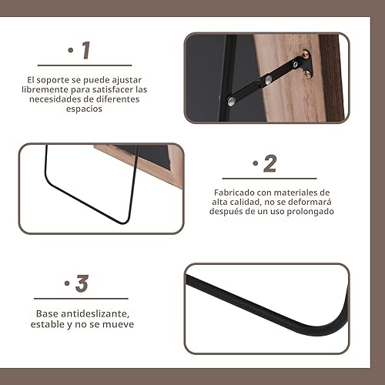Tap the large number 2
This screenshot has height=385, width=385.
[269, 163]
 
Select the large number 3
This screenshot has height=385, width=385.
[82, 283]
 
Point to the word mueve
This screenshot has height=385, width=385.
[119, 324]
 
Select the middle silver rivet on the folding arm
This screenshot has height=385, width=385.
[269, 79]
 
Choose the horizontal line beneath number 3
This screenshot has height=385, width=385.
[81, 298]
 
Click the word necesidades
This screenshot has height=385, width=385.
[62, 99]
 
